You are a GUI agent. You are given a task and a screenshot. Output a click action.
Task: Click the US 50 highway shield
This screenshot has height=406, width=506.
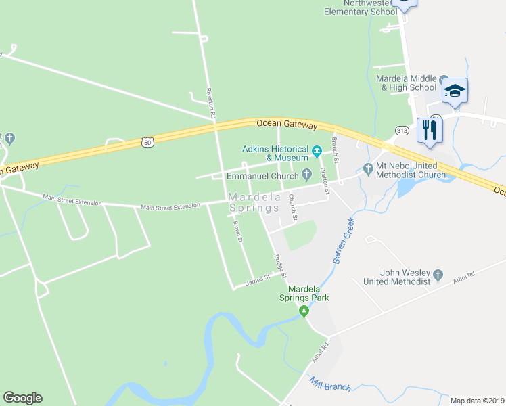[x=148, y=141]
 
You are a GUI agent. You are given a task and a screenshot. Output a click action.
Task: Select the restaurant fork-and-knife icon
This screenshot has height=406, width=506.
[x=430, y=130]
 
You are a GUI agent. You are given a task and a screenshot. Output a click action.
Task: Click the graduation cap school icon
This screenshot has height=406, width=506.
[x=455, y=90]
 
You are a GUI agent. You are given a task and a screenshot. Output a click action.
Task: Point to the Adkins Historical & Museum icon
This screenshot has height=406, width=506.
[x=316, y=150]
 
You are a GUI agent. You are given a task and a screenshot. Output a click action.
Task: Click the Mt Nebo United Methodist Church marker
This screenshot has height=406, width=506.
[x=368, y=167]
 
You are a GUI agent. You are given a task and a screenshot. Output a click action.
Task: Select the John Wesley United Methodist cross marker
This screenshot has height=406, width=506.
[x=438, y=274]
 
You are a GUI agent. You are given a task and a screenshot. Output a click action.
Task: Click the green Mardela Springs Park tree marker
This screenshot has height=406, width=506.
[x=304, y=311]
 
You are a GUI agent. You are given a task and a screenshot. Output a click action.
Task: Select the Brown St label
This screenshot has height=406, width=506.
[x=237, y=231]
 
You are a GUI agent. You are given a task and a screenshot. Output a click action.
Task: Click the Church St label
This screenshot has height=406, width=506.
[x=293, y=208]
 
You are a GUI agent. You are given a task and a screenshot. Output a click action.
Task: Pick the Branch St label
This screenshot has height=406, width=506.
[x=334, y=148]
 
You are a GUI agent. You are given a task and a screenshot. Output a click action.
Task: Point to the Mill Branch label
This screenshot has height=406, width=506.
[x=330, y=384]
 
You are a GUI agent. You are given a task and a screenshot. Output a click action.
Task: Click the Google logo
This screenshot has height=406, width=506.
[x=22, y=398]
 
